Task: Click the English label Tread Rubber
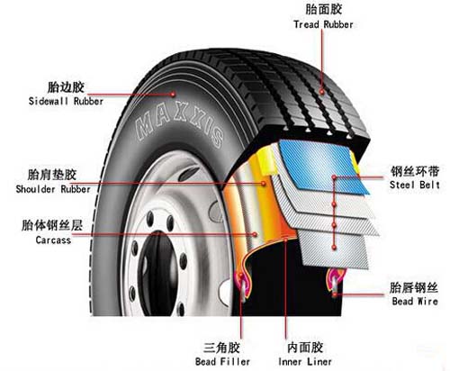(x=323, y=24)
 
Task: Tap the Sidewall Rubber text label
(x=66, y=101)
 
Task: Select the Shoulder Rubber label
(x=53, y=189)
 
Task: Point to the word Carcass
(x=53, y=240)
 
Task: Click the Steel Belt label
(x=415, y=185)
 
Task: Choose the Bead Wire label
(x=415, y=301)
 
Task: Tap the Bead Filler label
(x=222, y=361)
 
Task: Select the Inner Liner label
(x=305, y=361)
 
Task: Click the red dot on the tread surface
(x=321, y=91)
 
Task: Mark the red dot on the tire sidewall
(x=173, y=95)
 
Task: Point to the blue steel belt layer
(x=322, y=167)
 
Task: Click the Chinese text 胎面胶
(x=323, y=10)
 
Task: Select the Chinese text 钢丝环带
(x=415, y=171)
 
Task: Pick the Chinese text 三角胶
(x=221, y=348)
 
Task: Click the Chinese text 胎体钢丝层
(x=52, y=225)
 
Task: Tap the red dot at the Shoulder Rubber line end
(x=264, y=183)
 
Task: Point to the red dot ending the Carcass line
(x=255, y=234)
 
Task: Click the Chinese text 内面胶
(x=305, y=348)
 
